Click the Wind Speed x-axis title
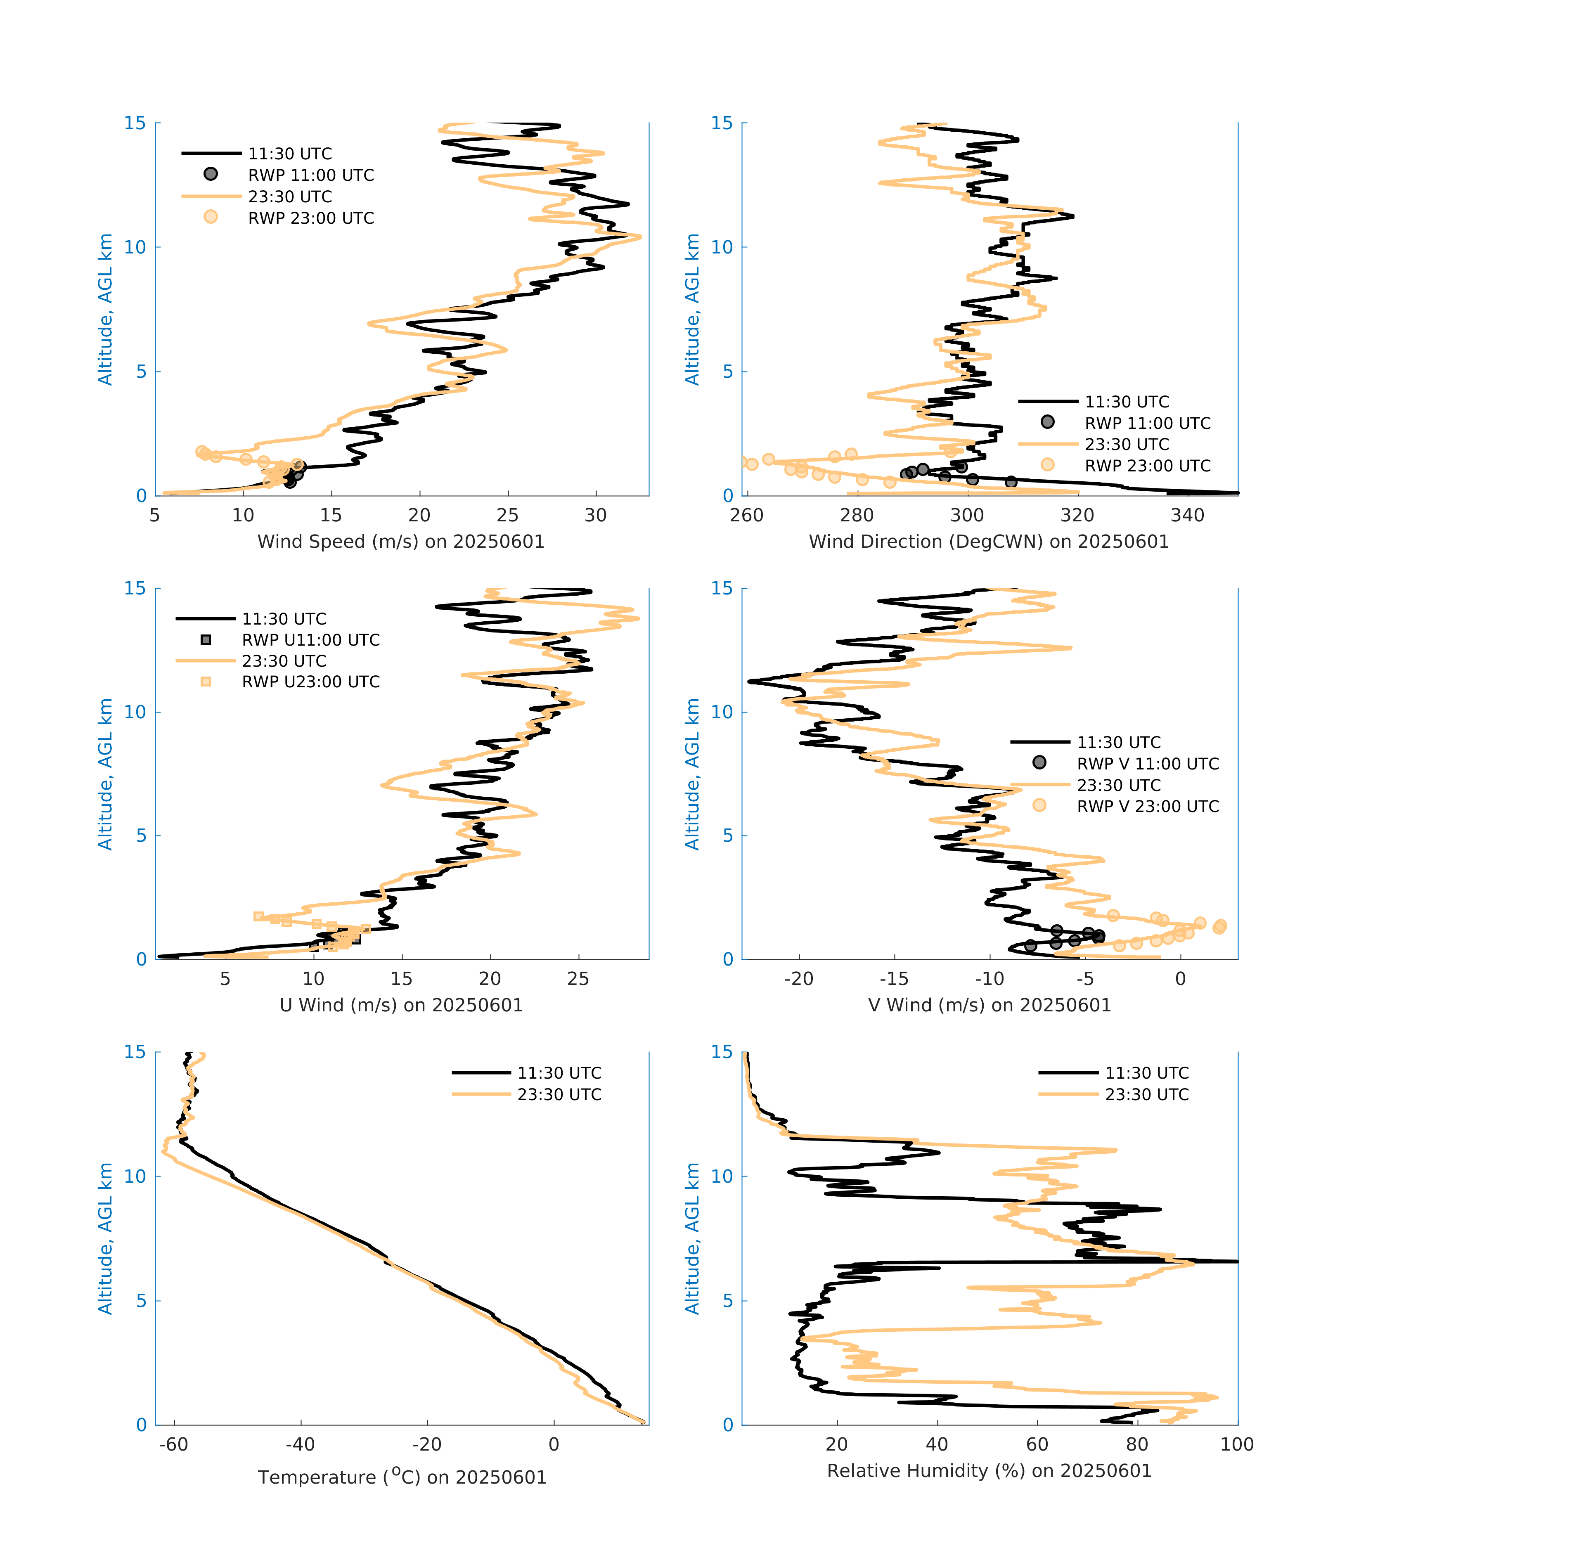(401, 542)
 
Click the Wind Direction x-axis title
(989, 542)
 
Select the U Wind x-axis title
(401, 1005)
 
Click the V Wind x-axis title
(989, 1005)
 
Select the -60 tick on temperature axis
(173, 1444)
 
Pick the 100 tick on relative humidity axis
(1237, 1444)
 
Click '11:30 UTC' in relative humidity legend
(1146, 1073)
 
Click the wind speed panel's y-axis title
(106, 309)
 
